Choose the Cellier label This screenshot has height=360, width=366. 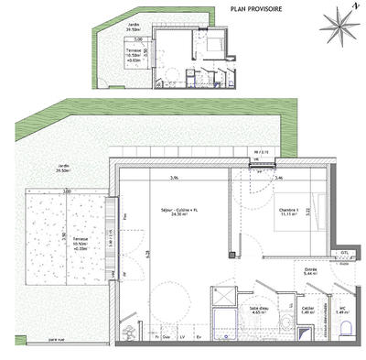(309, 310)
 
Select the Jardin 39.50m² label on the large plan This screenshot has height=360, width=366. (63, 168)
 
